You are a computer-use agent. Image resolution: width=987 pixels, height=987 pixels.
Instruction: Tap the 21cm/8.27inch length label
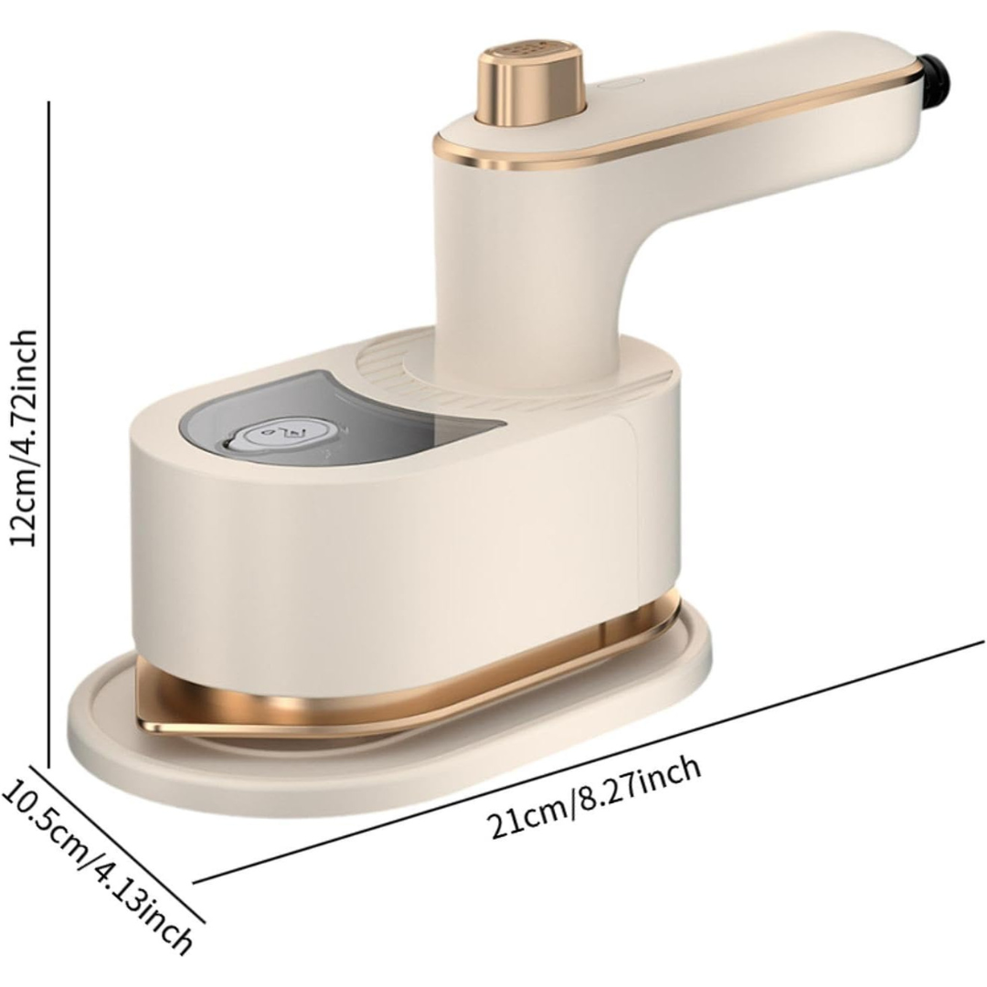tap(596, 798)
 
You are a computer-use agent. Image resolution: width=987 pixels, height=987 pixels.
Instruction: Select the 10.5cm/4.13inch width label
tap(94, 866)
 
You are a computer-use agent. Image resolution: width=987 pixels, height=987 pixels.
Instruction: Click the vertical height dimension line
tap(48, 434)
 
